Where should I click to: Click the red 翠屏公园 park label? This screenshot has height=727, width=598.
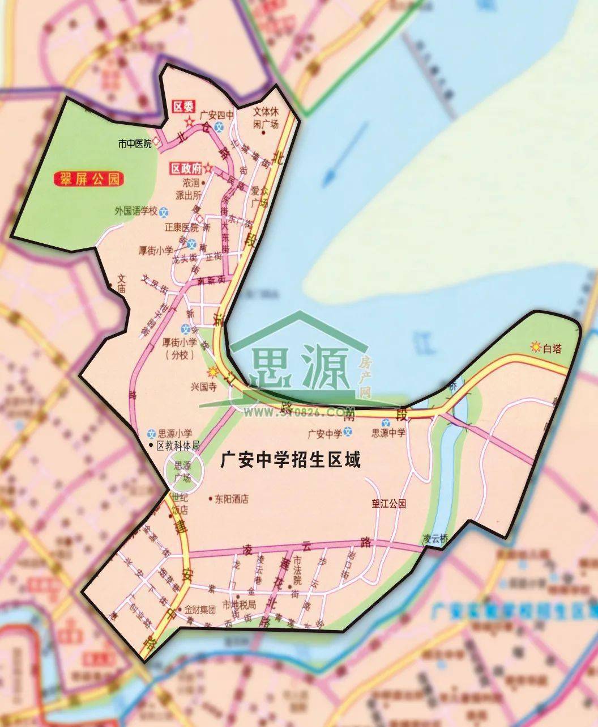88,180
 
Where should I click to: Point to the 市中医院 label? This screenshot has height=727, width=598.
134,144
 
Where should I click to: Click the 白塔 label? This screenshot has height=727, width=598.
552,349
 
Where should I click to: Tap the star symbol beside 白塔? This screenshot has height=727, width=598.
535,346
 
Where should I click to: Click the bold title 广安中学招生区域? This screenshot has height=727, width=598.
291,460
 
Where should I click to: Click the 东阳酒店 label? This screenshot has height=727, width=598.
232,500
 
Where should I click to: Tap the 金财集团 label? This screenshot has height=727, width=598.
200,610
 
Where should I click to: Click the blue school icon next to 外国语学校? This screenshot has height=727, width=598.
164,212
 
